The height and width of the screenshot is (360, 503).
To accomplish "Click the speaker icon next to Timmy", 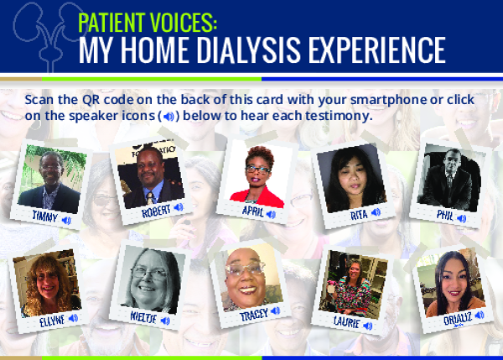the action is click(66, 221).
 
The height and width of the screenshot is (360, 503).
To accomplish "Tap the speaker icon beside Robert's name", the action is click(179, 207).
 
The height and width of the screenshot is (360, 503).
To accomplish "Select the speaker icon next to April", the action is click(271, 214).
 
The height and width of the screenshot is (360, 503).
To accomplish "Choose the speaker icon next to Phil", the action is click(462, 218).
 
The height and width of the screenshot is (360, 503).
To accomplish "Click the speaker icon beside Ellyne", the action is click(74, 318).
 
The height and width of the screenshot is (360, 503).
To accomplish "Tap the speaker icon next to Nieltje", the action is click(165, 321).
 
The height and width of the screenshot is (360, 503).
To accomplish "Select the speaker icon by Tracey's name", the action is click(275, 310).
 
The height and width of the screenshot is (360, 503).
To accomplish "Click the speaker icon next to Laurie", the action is click(368, 326).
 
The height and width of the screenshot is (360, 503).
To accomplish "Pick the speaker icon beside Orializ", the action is click(480, 315).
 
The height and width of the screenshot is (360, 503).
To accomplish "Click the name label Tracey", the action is click(254, 315).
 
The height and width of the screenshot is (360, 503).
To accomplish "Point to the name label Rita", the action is click(359, 215).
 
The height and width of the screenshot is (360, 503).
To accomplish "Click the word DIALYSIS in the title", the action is click(248, 50).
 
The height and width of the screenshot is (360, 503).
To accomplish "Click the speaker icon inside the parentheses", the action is click(169, 117).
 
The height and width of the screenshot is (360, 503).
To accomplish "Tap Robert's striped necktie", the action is click(150, 198).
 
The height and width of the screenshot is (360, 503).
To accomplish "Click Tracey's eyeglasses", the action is click(246, 269).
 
